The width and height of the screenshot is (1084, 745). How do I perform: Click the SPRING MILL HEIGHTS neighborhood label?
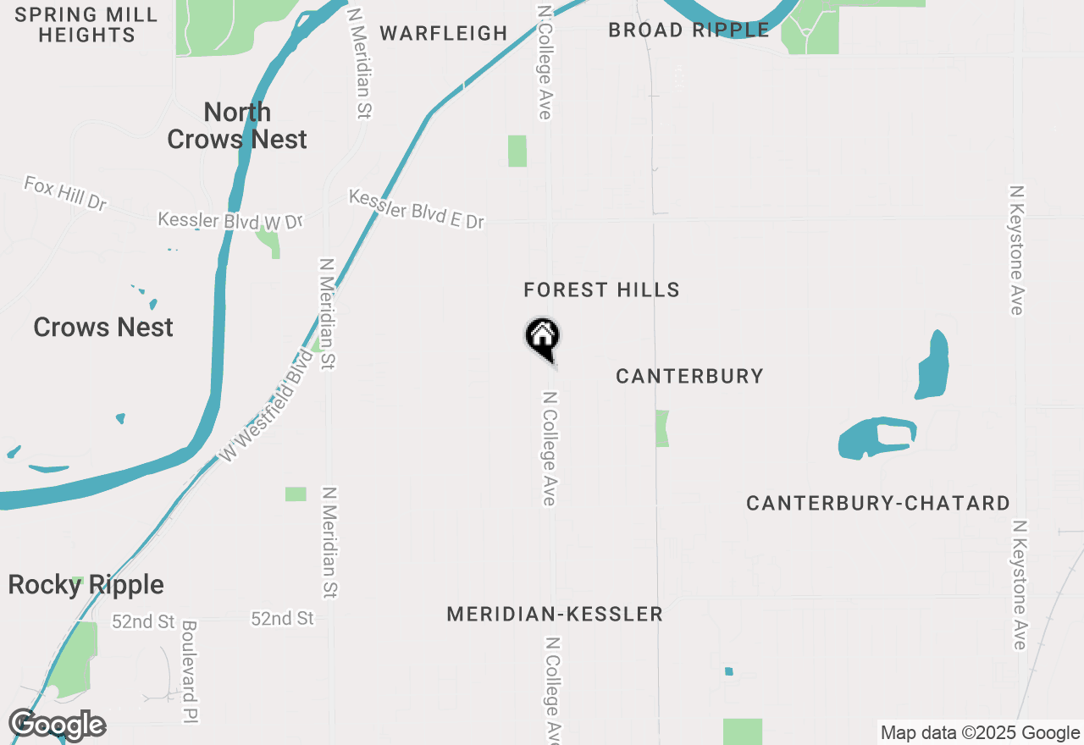pos(86,25)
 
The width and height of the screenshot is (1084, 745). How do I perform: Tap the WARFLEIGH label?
pos(443,34)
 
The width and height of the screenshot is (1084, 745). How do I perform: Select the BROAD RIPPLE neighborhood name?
pos(689,30)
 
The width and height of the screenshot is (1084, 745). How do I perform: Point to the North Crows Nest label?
pos(237,125)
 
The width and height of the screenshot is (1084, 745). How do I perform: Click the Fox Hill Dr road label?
pos(65,193)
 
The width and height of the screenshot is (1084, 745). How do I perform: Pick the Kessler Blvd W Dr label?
pos(230,221)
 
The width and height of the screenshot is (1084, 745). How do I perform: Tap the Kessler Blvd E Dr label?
pos(416,209)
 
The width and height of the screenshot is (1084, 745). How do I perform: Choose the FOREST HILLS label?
pos(601,290)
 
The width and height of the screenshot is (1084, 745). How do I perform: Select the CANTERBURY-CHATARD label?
pos(878,504)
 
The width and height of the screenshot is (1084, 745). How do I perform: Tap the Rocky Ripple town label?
pos(86,585)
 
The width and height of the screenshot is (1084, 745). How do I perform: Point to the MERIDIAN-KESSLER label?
pos(555,615)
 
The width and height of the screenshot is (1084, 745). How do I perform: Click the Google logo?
pos(57,725)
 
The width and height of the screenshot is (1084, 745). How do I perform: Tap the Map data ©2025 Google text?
pos(980,733)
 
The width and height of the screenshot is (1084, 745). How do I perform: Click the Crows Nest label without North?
pos(103,328)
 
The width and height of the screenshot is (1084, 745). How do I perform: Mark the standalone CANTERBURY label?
pos(689,376)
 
